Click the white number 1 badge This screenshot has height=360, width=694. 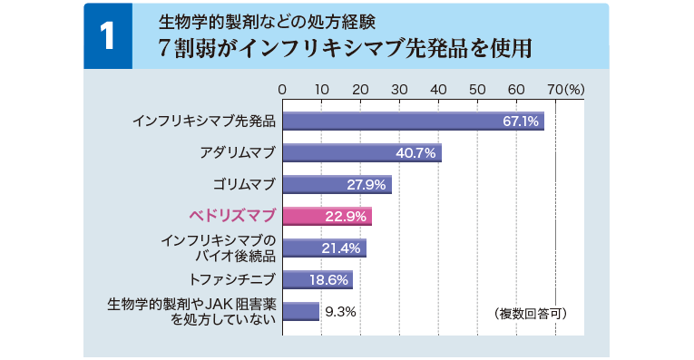(108, 36)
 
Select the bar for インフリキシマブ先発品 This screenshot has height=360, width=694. (413, 122)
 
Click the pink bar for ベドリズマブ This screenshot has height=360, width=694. (327, 216)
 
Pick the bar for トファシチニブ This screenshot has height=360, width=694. (318, 279)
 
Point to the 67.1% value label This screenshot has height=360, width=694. (522, 122)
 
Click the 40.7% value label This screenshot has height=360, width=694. (417, 153)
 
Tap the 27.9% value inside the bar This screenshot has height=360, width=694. (367, 185)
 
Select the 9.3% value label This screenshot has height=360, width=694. (340, 311)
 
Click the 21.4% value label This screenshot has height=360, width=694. (342, 248)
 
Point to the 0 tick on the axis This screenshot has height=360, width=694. (283, 90)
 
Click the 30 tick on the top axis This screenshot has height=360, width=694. (399, 90)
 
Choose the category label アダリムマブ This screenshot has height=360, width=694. (237, 152)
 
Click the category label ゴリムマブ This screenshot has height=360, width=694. (243, 185)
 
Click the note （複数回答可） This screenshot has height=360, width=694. (532, 313)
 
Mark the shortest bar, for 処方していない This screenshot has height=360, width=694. (301, 311)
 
